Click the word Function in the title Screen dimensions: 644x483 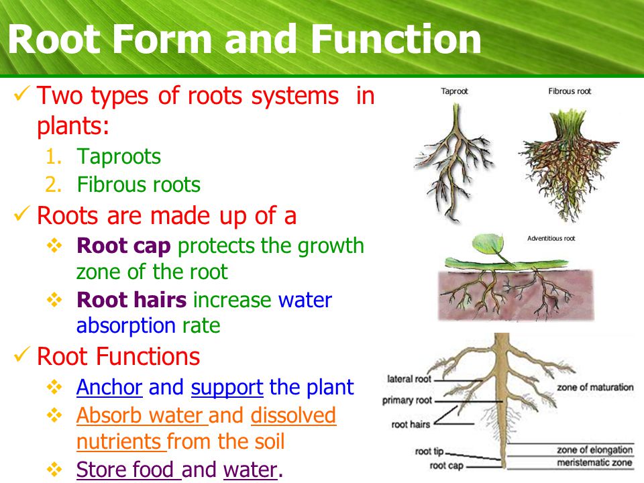(396, 39)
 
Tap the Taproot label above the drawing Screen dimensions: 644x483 (454, 91)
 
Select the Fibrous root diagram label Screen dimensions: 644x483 (570, 91)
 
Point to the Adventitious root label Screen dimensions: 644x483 (551, 238)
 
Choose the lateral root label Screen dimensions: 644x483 (409, 378)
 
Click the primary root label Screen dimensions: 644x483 (407, 400)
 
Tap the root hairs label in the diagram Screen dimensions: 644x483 (411, 424)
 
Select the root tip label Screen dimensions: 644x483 (429, 451)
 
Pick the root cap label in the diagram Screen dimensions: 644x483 (447, 466)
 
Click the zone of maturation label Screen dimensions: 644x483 (595, 387)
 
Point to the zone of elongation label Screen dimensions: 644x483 (595, 449)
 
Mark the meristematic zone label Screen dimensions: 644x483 (594, 462)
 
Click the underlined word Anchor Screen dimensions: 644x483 (109, 387)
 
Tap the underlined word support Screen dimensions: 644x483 (227, 388)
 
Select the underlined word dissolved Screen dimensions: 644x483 (293, 415)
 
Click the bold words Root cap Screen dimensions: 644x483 (123, 246)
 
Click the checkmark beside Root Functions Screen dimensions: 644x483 (21, 354)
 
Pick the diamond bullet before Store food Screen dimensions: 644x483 (54, 469)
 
